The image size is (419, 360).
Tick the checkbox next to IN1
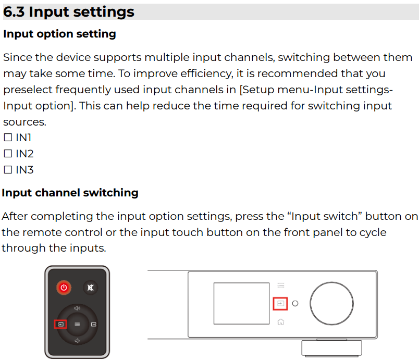click(8, 138)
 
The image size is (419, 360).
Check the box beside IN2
click(8, 154)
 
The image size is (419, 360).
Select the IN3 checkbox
click(8, 170)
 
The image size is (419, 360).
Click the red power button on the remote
click(64, 288)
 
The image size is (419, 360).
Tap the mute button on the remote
click(91, 288)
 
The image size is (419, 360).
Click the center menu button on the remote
click(77, 324)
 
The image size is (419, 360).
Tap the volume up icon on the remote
click(77, 308)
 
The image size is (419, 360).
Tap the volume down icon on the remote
click(77, 341)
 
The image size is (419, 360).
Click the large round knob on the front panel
click(331, 303)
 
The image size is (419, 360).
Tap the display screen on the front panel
click(241, 303)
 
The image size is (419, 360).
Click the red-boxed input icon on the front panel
click(280, 304)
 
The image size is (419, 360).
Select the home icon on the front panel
click(280, 322)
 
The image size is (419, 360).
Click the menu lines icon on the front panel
click(280, 285)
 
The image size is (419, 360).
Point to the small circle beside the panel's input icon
click(295, 303)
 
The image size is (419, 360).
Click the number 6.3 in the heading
click(14, 12)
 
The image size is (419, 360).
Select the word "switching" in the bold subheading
click(110, 193)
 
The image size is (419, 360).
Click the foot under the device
click(331, 348)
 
